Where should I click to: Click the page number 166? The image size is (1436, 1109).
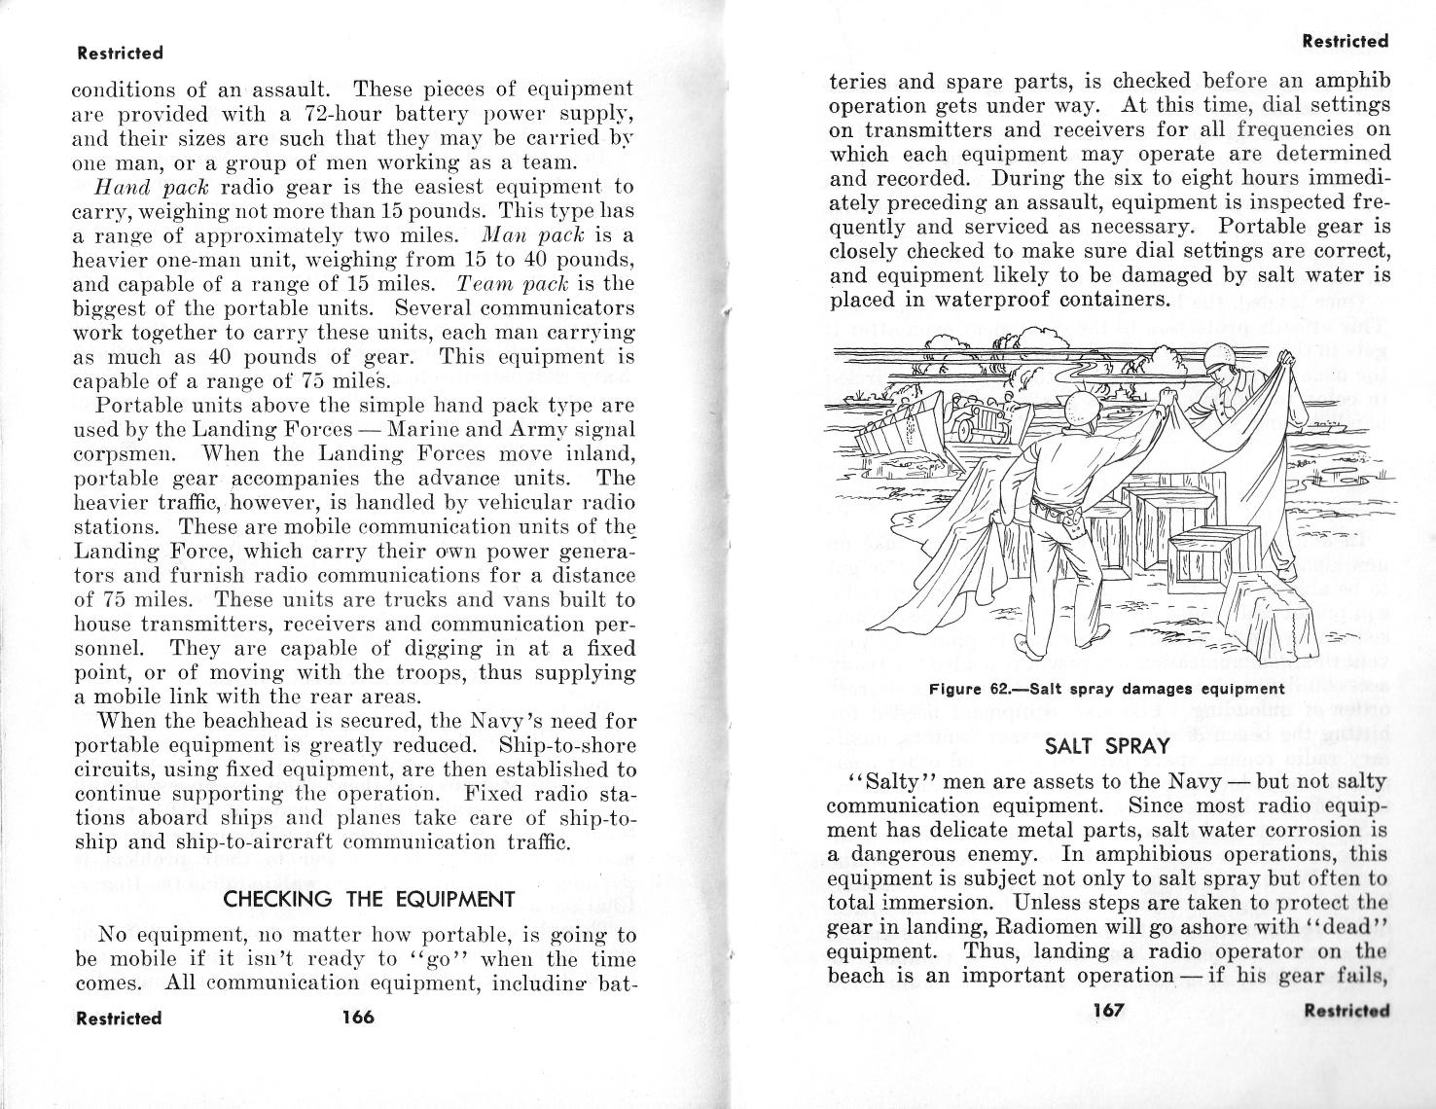click(x=357, y=1018)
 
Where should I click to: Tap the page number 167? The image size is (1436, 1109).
click(x=1108, y=1010)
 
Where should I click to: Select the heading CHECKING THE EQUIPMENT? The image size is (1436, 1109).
click(x=368, y=899)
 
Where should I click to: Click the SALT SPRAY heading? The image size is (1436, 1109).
click(x=1106, y=746)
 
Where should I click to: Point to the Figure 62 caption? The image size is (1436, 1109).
click(x=1107, y=689)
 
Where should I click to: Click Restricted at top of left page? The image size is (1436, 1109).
click(x=120, y=53)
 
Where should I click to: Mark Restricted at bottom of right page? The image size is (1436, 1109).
click(x=1346, y=1010)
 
